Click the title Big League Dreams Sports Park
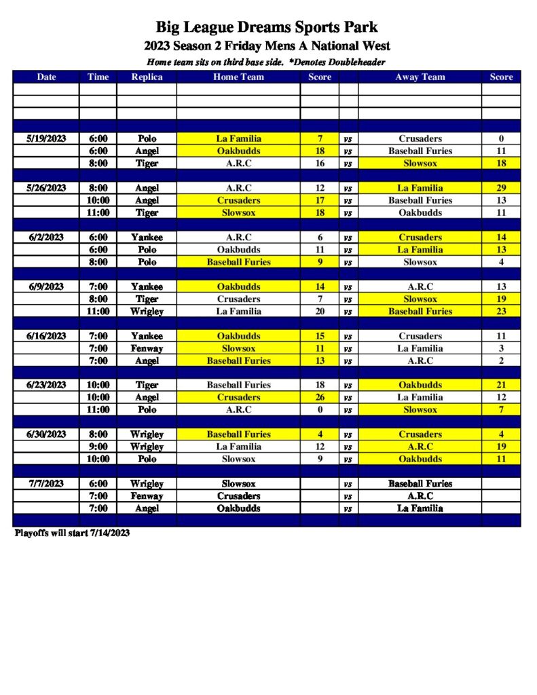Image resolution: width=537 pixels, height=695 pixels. point(267,27)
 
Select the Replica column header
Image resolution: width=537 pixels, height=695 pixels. point(147,77)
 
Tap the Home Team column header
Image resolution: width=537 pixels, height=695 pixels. point(238,77)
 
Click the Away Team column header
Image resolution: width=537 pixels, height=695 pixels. point(420,77)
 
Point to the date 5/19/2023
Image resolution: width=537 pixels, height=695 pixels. point(46,138)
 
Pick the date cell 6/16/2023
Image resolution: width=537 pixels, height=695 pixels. point(46,336)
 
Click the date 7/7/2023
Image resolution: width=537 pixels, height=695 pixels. point(46,484)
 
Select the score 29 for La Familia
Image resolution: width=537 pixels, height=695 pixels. point(501,188)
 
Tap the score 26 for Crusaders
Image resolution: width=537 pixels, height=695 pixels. point(320,397)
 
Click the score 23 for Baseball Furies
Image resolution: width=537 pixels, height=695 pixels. point(501,312)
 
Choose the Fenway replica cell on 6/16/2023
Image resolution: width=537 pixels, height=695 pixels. point(147,348)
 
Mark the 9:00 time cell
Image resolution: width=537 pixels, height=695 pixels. point(98,447)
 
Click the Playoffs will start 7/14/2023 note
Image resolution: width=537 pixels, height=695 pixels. point(72,533)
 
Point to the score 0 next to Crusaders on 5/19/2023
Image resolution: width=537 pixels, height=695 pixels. point(501,138)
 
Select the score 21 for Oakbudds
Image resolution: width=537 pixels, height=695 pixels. point(501,385)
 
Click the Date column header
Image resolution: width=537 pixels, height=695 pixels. point(46,77)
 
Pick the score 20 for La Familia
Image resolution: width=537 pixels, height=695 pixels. point(320,312)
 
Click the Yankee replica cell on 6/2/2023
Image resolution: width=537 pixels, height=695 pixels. point(147,238)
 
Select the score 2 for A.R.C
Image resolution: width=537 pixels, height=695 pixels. point(501,360)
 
